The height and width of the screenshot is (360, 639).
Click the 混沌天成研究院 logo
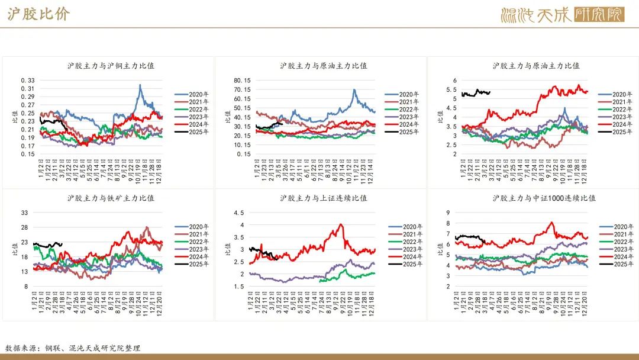coord(562,14)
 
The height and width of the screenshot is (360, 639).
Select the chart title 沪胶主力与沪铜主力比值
coord(111,66)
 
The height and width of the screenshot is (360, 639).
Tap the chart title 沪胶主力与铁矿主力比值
coord(111,198)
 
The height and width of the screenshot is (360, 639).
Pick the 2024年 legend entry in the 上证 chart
coord(406,256)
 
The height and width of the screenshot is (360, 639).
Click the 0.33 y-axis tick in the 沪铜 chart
coord(28,81)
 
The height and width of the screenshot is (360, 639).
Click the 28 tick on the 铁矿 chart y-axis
coord(25,227)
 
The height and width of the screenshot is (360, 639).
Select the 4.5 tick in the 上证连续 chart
coord(239,213)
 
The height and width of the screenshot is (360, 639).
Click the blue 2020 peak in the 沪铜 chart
coord(140,85)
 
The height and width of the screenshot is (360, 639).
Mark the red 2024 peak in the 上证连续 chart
coord(341,224)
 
